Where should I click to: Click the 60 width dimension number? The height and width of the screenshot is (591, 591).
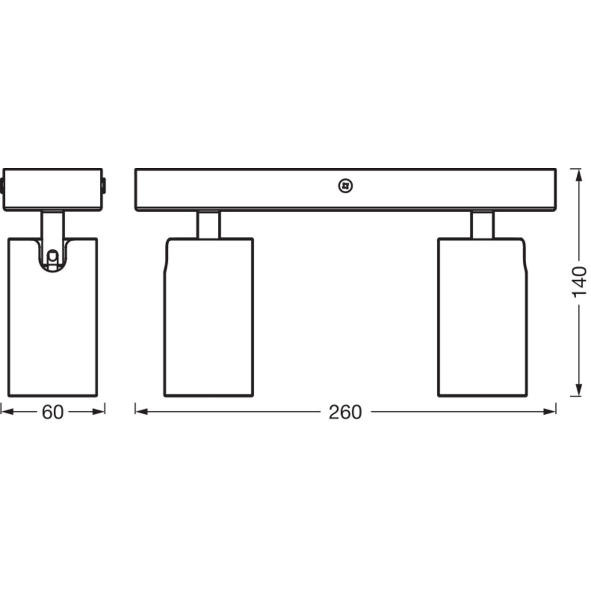pyautogui.click(x=53, y=412)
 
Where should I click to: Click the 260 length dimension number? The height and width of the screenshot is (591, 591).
pyautogui.click(x=345, y=412)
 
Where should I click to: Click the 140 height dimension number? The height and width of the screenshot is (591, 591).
pyautogui.click(x=579, y=282)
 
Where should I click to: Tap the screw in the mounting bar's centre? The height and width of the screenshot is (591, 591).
pyautogui.click(x=345, y=186)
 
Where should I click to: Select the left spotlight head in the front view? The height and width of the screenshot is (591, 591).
pyautogui.click(x=209, y=317)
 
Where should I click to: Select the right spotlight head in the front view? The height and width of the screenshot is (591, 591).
pyautogui.click(x=482, y=317)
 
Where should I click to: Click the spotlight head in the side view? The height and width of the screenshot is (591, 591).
pyautogui.click(x=53, y=317)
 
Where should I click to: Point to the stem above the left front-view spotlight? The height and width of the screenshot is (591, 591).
pyautogui.click(x=208, y=225)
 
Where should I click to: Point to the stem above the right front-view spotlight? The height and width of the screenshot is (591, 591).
pyautogui.click(x=482, y=225)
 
